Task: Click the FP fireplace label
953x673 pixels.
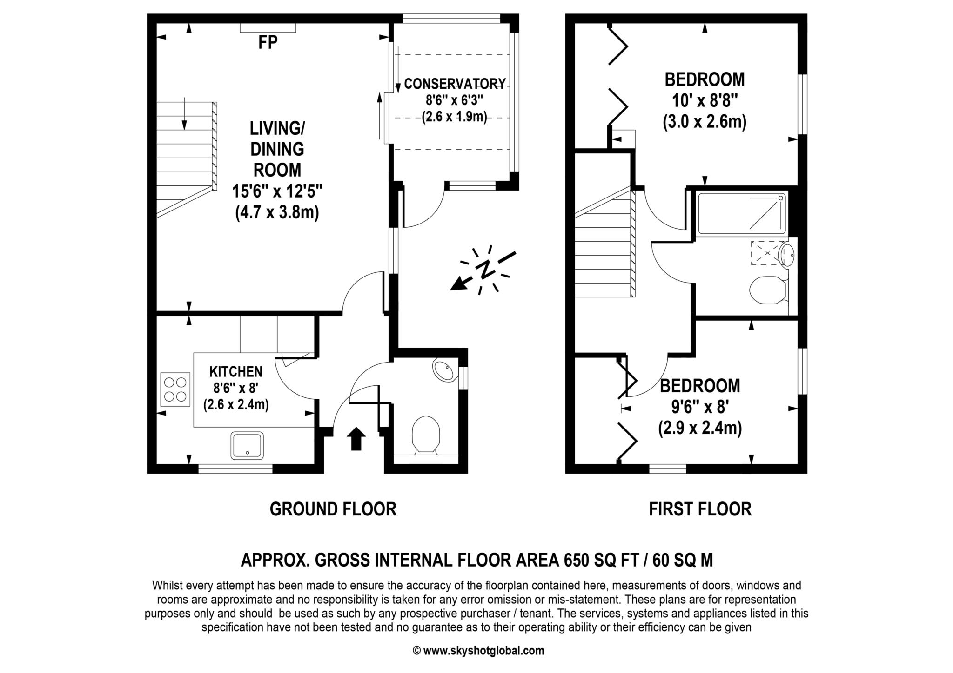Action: click(x=268, y=42)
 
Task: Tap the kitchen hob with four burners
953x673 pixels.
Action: click(x=175, y=389)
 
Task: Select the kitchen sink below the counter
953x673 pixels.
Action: click(x=247, y=445)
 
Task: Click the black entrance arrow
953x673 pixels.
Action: click(x=356, y=439)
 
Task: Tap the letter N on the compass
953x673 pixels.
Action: click(x=486, y=269)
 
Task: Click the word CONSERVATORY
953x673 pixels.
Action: click(x=455, y=84)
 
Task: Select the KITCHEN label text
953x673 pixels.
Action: click(x=236, y=372)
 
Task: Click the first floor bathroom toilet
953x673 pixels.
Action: click(x=768, y=290)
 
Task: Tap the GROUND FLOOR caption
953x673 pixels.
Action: click(x=333, y=509)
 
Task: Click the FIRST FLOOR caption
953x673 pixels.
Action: click(x=700, y=509)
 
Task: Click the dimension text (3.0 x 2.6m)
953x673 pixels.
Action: click(x=705, y=122)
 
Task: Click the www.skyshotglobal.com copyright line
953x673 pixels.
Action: click(x=478, y=651)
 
